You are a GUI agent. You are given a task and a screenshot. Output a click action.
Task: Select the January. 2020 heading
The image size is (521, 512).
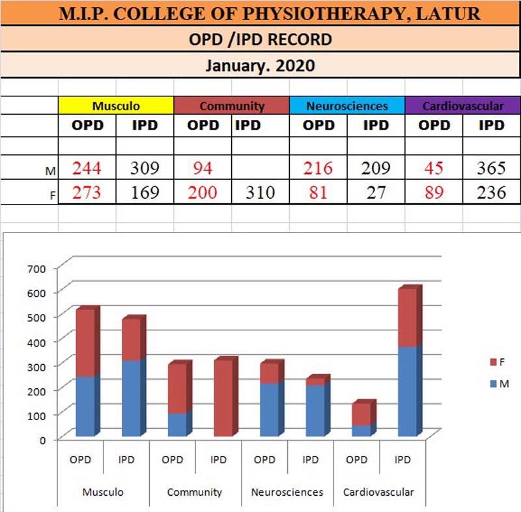(260, 65)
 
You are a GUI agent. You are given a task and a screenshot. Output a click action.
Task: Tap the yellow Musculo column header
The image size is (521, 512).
(116, 106)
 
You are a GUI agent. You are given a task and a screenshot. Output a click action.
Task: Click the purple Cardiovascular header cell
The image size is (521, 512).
(463, 106)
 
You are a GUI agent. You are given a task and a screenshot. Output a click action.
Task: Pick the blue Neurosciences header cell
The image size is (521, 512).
(347, 106)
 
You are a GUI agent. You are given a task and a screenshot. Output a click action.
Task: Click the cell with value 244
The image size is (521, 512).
(87, 169)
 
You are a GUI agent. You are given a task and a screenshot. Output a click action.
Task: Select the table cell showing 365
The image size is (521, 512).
(491, 169)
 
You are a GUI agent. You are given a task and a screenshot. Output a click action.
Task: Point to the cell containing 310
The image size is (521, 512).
(260, 193)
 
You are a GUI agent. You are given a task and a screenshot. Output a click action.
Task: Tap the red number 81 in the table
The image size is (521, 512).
(318, 193)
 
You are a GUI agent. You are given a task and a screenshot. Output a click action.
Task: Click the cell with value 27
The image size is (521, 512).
(376, 193)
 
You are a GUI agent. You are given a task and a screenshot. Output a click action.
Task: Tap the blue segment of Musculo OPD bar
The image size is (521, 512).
(85, 406)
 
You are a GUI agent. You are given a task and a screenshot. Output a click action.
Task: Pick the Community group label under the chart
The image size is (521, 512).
(195, 492)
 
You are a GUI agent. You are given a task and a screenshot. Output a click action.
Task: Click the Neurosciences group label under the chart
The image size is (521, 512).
(287, 492)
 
